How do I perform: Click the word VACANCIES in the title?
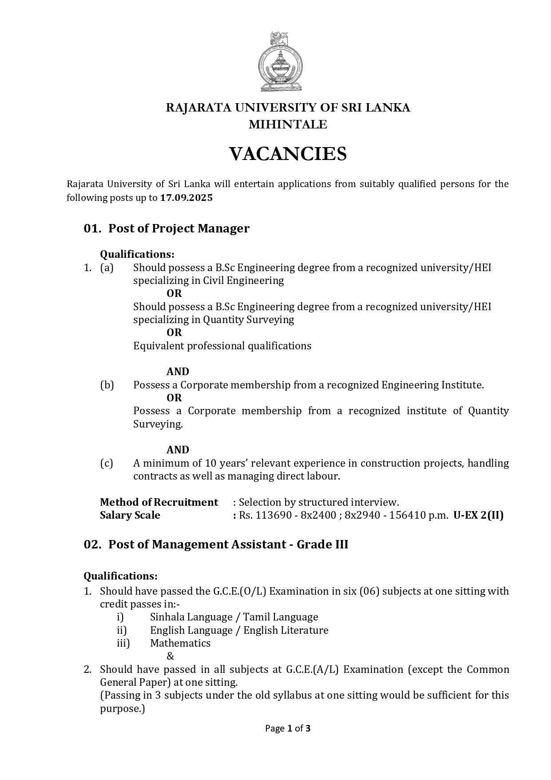[x=287, y=154]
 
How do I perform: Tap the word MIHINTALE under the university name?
[x=288, y=125]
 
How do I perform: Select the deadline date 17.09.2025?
[x=186, y=198]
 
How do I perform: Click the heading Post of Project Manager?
[x=178, y=228]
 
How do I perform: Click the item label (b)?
[x=107, y=385]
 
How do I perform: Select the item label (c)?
[x=107, y=463]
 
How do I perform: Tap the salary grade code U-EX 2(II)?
[x=478, y=516]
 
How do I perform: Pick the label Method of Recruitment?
[x=159, y=502]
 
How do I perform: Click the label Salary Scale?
[x=130, y=516]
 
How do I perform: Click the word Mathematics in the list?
[x=180, y=643]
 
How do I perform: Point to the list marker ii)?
[x=122, y=630]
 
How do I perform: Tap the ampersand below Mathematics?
[x=170, y=656]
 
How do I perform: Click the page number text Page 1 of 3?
[x=288, y=728]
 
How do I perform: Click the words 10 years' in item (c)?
[x=226, y=463]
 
